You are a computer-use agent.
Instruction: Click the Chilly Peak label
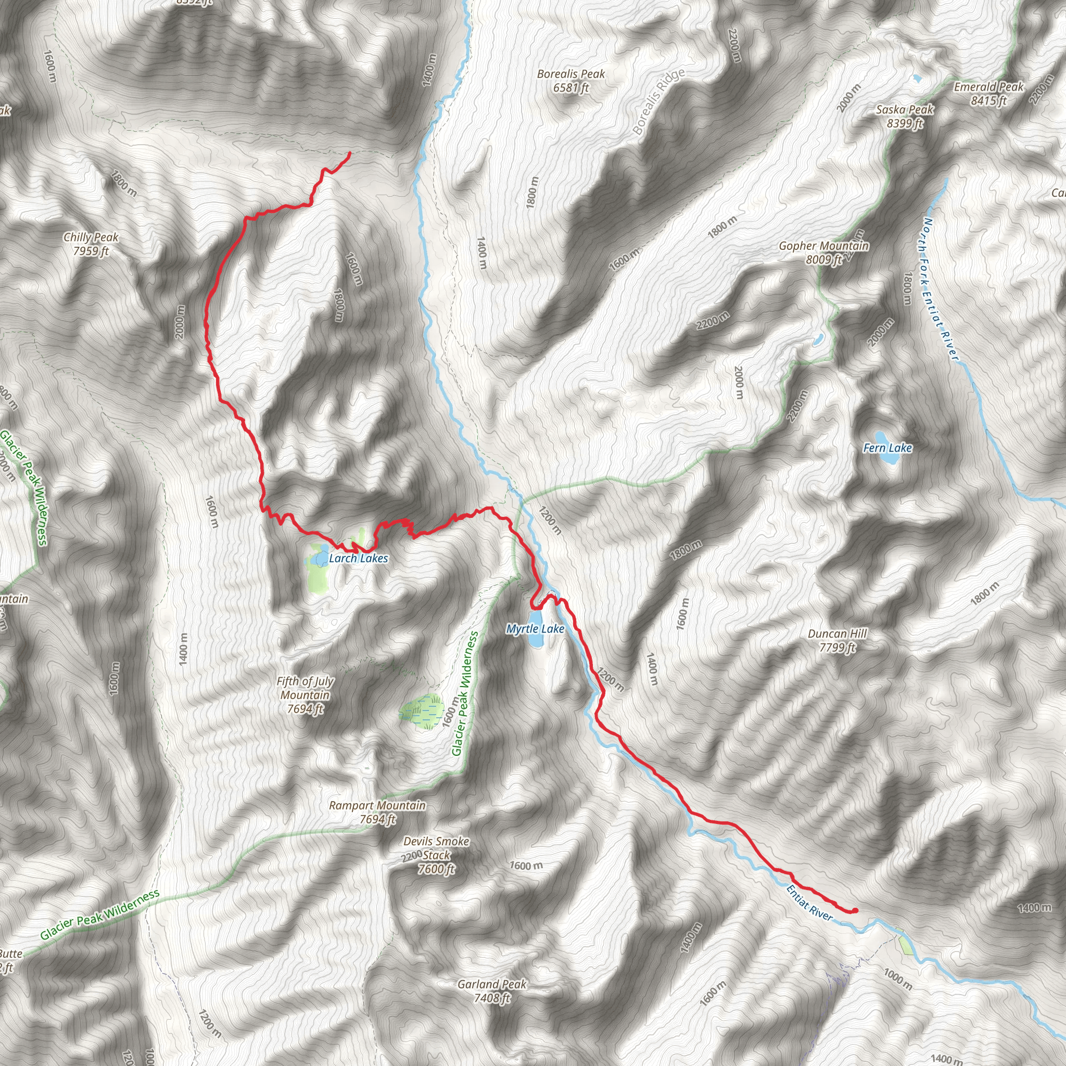(x=91, y=245)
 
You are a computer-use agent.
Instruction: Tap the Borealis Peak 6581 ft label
(x=571, y=81)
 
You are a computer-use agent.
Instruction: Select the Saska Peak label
(x=904, y=117)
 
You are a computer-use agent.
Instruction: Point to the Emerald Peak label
(x=989, y=93)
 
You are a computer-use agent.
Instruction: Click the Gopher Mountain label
(x=824, y=252)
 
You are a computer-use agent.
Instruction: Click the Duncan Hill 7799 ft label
(x=837, y=640)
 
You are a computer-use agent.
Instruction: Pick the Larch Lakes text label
(x=358, y=559)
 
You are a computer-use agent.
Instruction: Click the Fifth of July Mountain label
(x=305, y=695)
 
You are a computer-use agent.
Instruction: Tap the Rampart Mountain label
(x=377, y=812)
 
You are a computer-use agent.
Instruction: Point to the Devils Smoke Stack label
(x=436, y=855)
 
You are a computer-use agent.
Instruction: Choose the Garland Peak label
(x=491, y=991)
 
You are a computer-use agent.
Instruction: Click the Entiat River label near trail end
(x=809, y=902)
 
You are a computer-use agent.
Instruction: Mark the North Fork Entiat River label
(x=941, y=290)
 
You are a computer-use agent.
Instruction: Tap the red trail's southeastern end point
(x=855, y=910)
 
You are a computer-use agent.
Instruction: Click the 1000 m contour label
(x=897, y=977)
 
